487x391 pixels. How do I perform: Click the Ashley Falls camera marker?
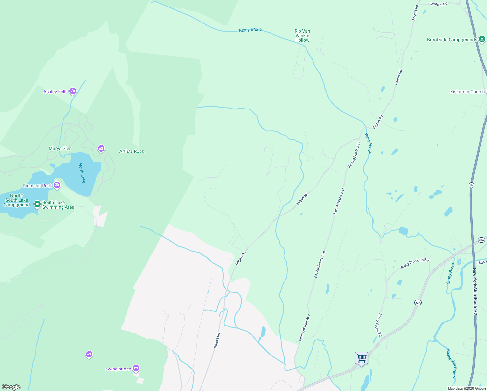point(73,91)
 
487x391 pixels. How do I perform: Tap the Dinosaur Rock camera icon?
point(57,185)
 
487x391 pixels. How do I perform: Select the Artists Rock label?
point(132,151)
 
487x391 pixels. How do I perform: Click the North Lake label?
point(82,173)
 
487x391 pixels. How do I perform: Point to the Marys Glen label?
point(60,148)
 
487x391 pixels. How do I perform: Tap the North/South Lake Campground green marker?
point(37,204)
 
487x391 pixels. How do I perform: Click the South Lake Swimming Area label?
point(58,205)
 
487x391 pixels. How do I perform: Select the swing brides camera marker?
point(136,369)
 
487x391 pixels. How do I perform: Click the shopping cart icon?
point(361,358)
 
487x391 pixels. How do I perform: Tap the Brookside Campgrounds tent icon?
point(482,39)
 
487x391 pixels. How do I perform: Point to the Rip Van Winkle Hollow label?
point(302,36)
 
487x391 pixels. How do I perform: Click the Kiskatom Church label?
point(467,92)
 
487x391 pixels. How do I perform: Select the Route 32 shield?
point(471,185)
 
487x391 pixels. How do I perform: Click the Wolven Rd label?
point(439,4)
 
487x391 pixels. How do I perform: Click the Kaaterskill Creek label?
point(452,363)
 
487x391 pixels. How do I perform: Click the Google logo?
point(11,387)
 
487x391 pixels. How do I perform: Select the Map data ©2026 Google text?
point(467,388)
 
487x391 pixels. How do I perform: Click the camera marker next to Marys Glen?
point(101,149)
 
